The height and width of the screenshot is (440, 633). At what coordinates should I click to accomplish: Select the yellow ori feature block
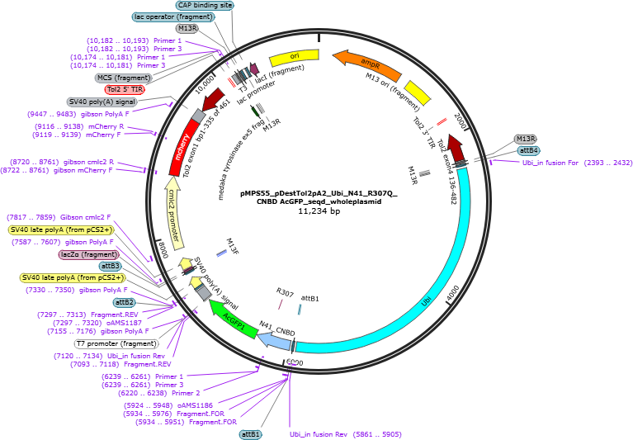295,57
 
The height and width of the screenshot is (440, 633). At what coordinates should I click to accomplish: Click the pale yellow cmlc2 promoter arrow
173,214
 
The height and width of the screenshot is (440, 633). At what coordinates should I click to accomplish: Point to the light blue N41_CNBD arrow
274,340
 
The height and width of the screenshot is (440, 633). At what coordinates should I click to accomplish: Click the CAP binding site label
205,5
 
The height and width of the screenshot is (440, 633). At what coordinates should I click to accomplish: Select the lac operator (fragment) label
173,17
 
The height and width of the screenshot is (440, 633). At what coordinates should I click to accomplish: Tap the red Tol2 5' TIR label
125,89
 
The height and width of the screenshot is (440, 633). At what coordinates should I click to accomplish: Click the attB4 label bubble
528,150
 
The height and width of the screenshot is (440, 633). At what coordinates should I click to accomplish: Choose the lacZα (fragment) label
89,255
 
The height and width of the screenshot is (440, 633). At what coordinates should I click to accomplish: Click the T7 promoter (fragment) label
116,344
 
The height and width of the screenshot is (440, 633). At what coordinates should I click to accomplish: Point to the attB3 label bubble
111,266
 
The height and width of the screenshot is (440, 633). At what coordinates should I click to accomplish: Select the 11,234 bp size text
319,211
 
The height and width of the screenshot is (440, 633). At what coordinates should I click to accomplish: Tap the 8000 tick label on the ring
163,250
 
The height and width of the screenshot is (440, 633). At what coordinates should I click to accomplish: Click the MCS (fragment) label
124,78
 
